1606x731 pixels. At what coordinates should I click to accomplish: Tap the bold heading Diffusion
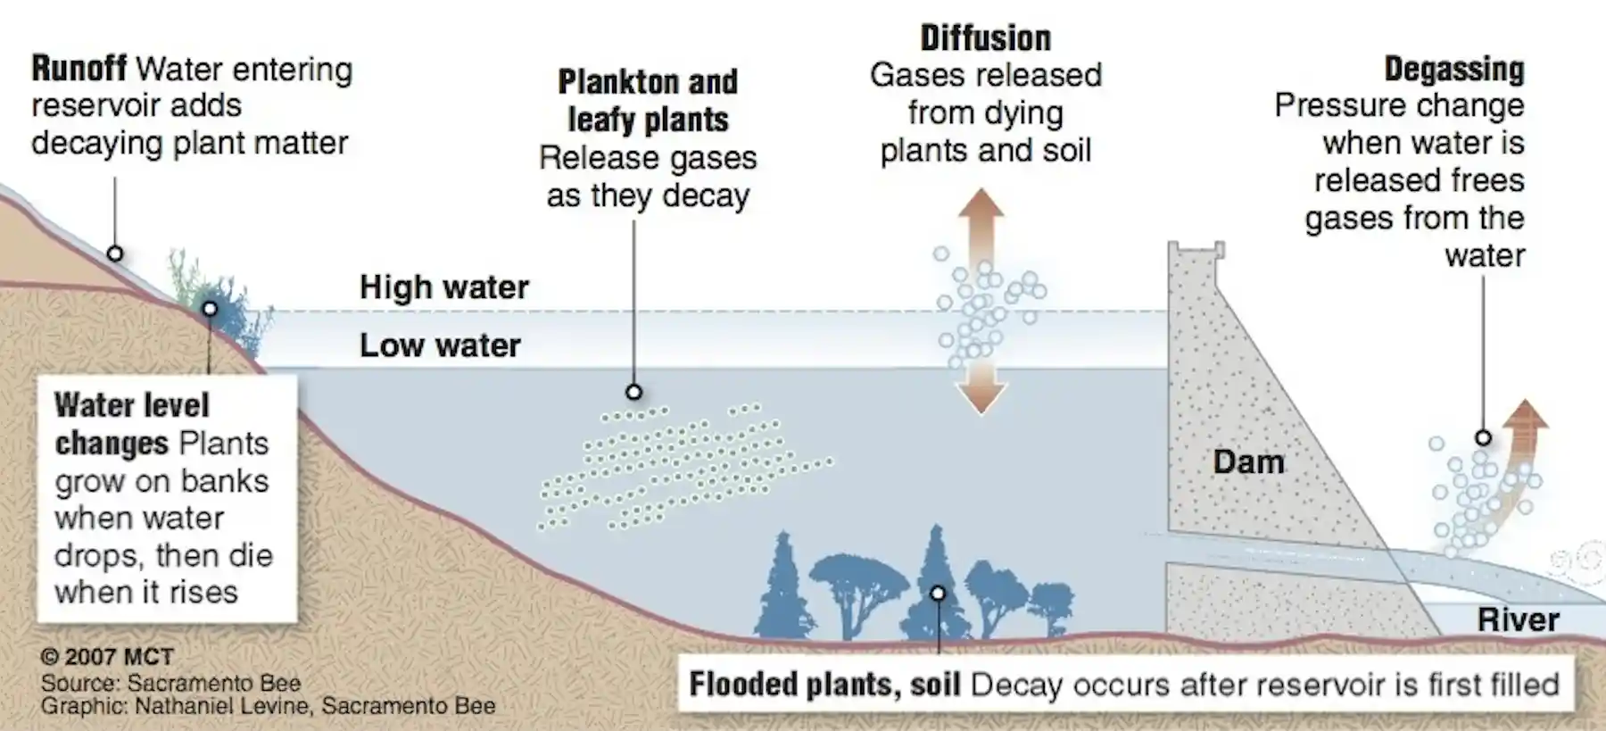click(986, 38)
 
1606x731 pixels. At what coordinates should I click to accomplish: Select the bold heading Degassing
click(1454, 69)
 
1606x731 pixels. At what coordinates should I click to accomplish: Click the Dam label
click(1249, 461)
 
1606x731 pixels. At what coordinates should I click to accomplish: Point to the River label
click(1518, 619)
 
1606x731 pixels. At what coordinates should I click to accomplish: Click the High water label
click(444, 287)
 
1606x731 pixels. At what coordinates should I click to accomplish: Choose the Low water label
click(440, 345)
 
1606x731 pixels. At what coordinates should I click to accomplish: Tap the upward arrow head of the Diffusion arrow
click(981, 204)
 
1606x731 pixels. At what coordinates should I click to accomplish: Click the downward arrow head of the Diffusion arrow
click(981, 398)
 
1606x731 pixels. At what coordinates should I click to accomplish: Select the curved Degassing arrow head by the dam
click(1527, 415)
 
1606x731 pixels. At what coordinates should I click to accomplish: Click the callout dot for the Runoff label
click(115, 253)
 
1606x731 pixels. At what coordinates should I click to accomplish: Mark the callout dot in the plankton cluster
click(634, 392)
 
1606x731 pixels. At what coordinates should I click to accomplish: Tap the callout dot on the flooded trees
click(938, 594)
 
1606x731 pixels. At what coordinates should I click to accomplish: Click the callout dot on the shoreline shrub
click(210, 309)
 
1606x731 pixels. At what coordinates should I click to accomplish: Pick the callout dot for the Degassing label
click(1484, 437)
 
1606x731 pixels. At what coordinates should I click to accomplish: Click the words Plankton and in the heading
click(648, 82)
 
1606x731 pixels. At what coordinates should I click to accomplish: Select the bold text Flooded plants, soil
click(824, 685)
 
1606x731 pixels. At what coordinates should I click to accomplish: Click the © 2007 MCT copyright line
click(107, 657)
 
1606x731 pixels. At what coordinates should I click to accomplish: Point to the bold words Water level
click(132, 405)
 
